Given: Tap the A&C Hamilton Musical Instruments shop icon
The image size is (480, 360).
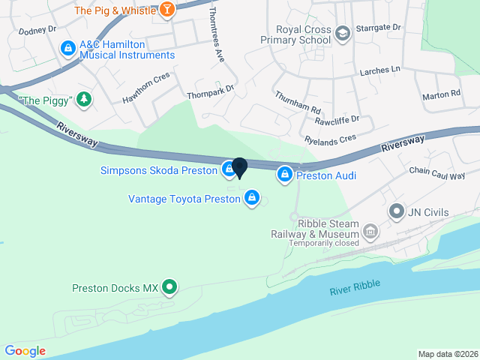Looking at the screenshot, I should click(68, 48).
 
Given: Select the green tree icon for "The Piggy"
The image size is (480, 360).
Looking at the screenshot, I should click(85, 99).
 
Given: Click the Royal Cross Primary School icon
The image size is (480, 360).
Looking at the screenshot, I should click(343, 33).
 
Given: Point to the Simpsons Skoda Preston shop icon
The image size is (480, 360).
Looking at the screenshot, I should click(228, 170).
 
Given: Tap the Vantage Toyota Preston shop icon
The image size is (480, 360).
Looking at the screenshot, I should click(252, 198).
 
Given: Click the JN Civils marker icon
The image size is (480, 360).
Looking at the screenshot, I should click(395, 212).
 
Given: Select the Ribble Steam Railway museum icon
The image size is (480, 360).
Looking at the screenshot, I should click(370, 232).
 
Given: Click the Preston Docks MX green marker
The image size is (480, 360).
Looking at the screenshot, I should click(170, 287).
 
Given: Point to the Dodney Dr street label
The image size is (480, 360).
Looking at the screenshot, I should click(37, 31).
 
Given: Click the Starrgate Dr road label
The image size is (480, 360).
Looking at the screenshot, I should click(379, 27).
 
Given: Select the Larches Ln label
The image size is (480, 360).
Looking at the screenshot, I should click(380, 70).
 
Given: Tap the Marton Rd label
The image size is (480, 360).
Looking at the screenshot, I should click(441, 94).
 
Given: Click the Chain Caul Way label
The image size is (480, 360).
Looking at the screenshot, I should click(437, 173).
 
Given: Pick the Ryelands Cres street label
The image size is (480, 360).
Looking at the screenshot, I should click(331, 139).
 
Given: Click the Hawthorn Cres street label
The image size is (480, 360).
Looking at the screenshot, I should click(146, 88).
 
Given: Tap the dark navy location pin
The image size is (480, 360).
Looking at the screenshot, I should click(240, 167).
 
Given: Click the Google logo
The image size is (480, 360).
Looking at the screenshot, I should click(25, 350).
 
